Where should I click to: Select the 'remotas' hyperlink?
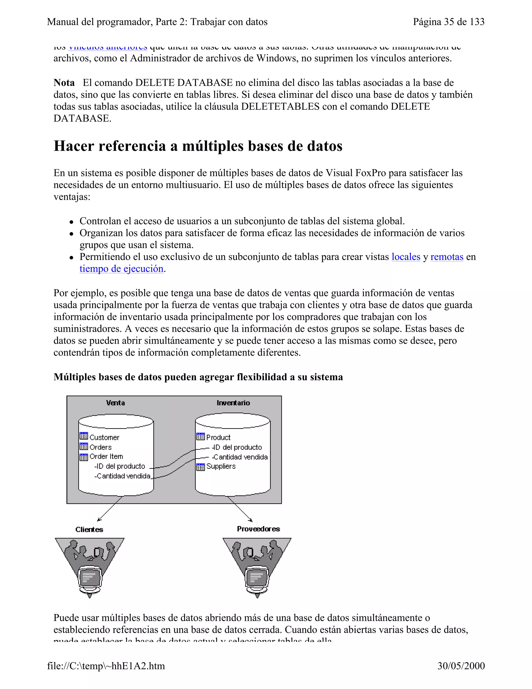447,257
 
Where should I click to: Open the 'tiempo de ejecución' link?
121,269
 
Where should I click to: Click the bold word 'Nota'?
64,83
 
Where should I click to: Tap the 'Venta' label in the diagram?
115,403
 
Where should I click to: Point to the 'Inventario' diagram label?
233,403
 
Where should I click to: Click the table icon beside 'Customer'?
84,436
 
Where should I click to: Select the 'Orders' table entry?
100,447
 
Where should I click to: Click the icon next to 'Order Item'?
84,457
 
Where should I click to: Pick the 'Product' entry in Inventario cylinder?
218,437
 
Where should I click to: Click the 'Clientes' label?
89,529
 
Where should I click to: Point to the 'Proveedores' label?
258,529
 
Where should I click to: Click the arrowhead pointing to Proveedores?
251,520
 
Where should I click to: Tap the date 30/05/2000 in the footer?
461,666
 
